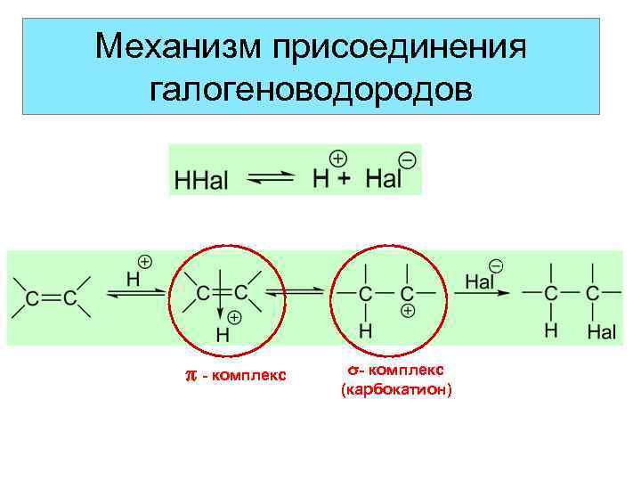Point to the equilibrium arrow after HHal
pyautogui.click(x=269, y=178)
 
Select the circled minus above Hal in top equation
pyautogui.click(x=408, y=160)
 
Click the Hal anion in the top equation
pyautogui.click(x=383, y=178)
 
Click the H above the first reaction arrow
pyautogui.click(x=134, y=278)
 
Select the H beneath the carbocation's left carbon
pyautogui.click(x=365, y=330)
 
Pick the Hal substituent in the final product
pyautogui.click(x=602, y=332)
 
